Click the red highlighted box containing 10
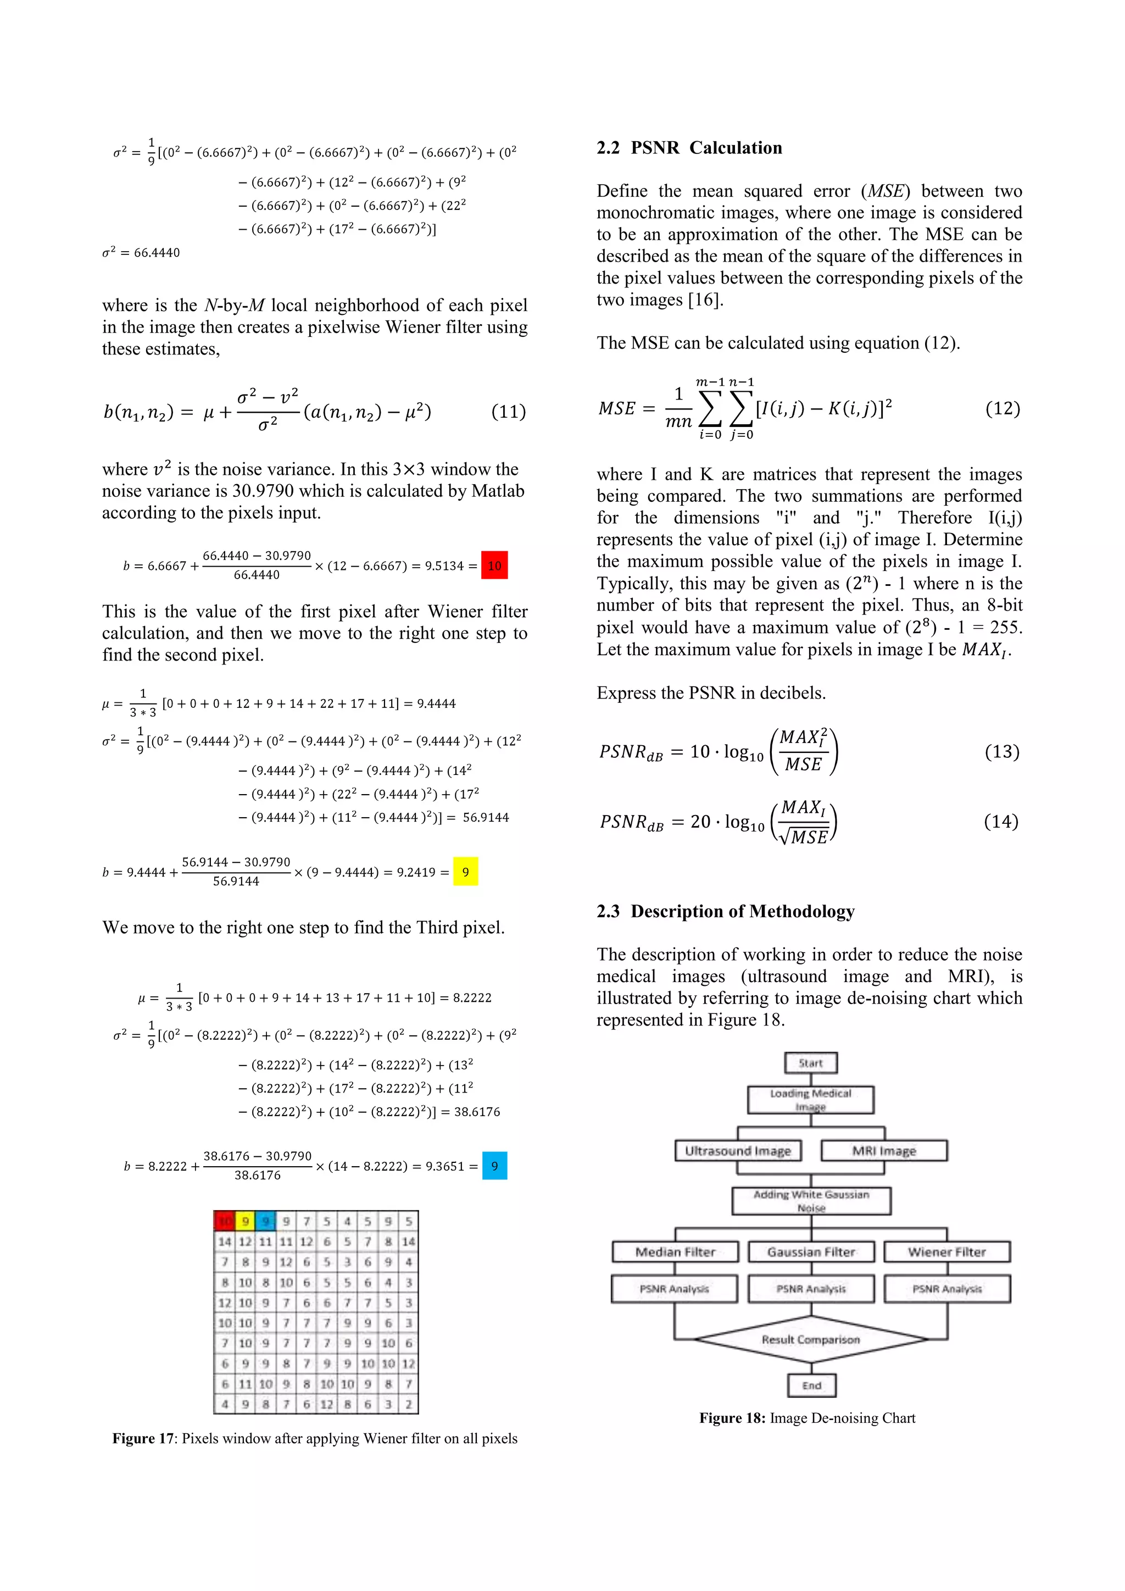(494, 566)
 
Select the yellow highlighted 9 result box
(465, 872)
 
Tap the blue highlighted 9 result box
(494, 1166)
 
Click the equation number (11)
(509, 412)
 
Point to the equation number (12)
(1003, 408)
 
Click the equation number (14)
(1001, 821)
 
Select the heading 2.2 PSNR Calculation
(689, 148)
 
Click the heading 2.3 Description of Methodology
(725, 911)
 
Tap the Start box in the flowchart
(810, 1062)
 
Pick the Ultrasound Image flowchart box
(738, 1150)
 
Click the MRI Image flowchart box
(884, 1150)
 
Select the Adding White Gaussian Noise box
(811, 1200)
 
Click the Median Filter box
(675, 1251)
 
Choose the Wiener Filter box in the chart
(946, 1251)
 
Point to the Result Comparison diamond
(810, 1339)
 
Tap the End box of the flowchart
(811, 1385)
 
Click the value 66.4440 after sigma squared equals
(157, 253)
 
